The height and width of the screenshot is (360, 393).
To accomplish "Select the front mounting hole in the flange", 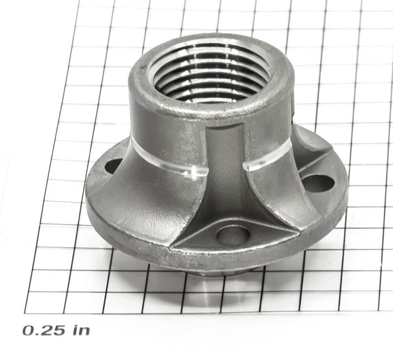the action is [x=233, y=236].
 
